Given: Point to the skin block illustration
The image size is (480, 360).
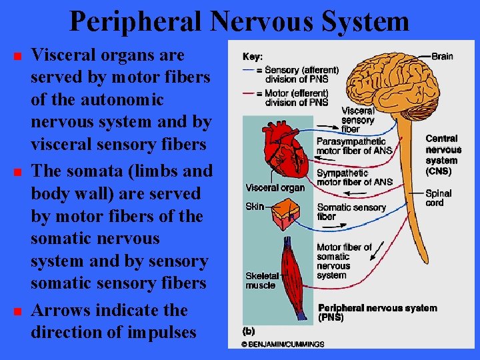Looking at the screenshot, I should [x=287, y=211].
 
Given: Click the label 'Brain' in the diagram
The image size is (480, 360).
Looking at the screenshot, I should [x=442, y=57].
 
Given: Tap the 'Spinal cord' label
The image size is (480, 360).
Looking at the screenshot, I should [x=438, y=198].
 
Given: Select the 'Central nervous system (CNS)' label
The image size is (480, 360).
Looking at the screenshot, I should [x=441, y=155].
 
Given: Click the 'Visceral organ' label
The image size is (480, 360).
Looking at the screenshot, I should [x=275, y=187].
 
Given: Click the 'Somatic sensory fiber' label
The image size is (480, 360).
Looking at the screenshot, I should [x=351, y=211].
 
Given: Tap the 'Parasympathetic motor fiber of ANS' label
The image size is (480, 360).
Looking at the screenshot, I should [x=353, y=146].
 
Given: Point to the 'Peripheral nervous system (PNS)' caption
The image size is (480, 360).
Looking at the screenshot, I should [x=377, y=312].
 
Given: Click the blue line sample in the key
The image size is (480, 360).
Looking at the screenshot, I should [x=252, y=69].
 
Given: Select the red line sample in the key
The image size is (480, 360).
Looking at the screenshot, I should [x=252, y=93].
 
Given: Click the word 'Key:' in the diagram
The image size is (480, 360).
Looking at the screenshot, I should [x=253, y=57].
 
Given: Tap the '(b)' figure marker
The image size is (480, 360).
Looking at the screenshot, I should [x=248, y=330].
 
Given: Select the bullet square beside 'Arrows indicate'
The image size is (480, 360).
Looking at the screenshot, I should [x=17, y=311].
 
